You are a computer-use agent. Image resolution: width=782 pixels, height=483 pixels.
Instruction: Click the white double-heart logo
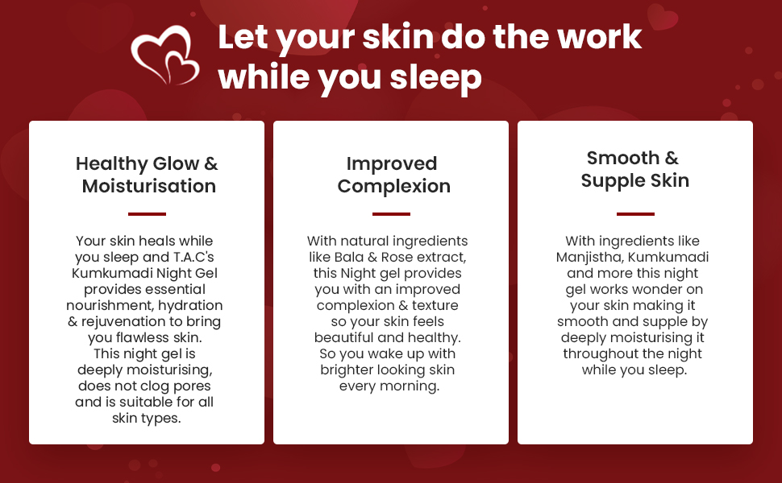point(164,55)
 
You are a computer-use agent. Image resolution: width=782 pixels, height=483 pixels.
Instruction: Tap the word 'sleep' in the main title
point(436,79)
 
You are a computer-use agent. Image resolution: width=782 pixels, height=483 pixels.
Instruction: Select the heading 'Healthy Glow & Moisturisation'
point(147,175)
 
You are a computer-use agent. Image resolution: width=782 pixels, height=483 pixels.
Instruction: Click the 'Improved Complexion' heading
point(393,175)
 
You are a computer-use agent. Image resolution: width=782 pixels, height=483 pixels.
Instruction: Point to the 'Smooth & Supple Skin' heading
point(635,169)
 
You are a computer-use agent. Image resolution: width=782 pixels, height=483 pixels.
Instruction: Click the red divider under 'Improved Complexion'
point(391,214)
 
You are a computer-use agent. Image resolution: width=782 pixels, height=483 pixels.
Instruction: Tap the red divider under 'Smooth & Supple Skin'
point(635,214)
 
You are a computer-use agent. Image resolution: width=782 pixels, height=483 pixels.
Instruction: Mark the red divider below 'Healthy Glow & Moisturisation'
point(147,214)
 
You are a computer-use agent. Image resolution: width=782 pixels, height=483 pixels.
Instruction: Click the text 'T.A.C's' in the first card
point(193,257)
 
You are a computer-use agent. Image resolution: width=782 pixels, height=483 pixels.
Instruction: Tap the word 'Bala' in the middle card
point(348,257)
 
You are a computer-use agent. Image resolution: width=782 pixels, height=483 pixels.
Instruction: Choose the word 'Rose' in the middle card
point(397,257)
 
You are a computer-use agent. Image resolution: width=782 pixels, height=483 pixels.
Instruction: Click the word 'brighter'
point(347,370)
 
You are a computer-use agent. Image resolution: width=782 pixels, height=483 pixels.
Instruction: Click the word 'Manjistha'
point(589,258)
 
